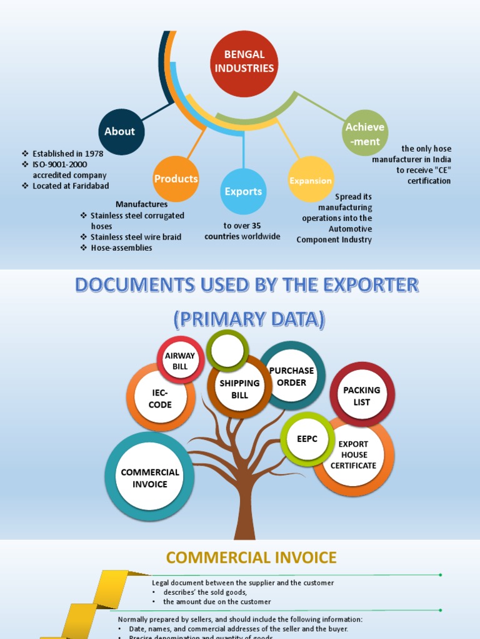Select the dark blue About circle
(x=120, y=132)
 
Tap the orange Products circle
(x=176, y=179)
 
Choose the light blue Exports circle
(x=244, y=192)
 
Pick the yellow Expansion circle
(x=311, y=180)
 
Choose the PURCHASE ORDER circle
(x=291, y=376)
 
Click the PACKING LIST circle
(x=362, y=396)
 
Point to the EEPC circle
(x=307, y=439)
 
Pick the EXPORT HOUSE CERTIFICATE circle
(x=354, y=455)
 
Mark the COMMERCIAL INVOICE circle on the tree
(x=150, y=478)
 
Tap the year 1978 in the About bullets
(x=94, y=154)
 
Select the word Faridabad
(x=92, y=186)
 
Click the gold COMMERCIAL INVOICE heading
(x=251, y=557)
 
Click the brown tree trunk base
(x=244, y=527)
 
